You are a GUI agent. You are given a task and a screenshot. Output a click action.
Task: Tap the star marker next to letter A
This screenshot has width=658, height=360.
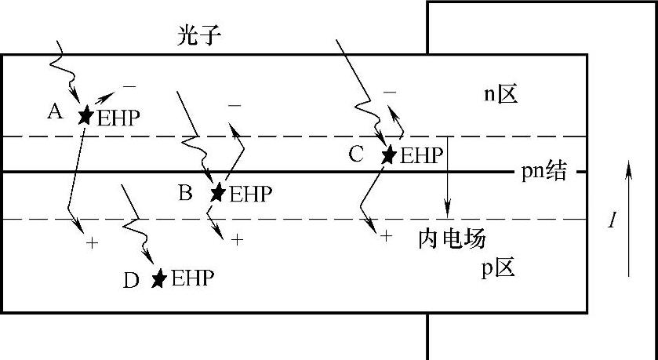click(x=85, y=115)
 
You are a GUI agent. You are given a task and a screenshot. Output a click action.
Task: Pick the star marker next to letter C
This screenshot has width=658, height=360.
click(x=388, y=154)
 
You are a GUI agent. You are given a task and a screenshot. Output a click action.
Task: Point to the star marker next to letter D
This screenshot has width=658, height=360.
click(x=159, y=278)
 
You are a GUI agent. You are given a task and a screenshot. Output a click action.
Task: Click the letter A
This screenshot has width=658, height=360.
click(x=55, y=112)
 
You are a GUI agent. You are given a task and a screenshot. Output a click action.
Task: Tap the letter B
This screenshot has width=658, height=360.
click(x=185, y=192)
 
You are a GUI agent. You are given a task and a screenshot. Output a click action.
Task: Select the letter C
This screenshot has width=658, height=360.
click(x=356, y=154)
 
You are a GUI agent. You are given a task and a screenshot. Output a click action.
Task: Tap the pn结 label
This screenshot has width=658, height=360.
click(x=543, y=172)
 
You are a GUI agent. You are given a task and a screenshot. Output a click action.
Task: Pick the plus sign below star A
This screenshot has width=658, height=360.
click(x=92, y=243)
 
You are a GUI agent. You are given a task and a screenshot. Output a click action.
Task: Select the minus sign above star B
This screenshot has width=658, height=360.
click(x=234, y=104)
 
